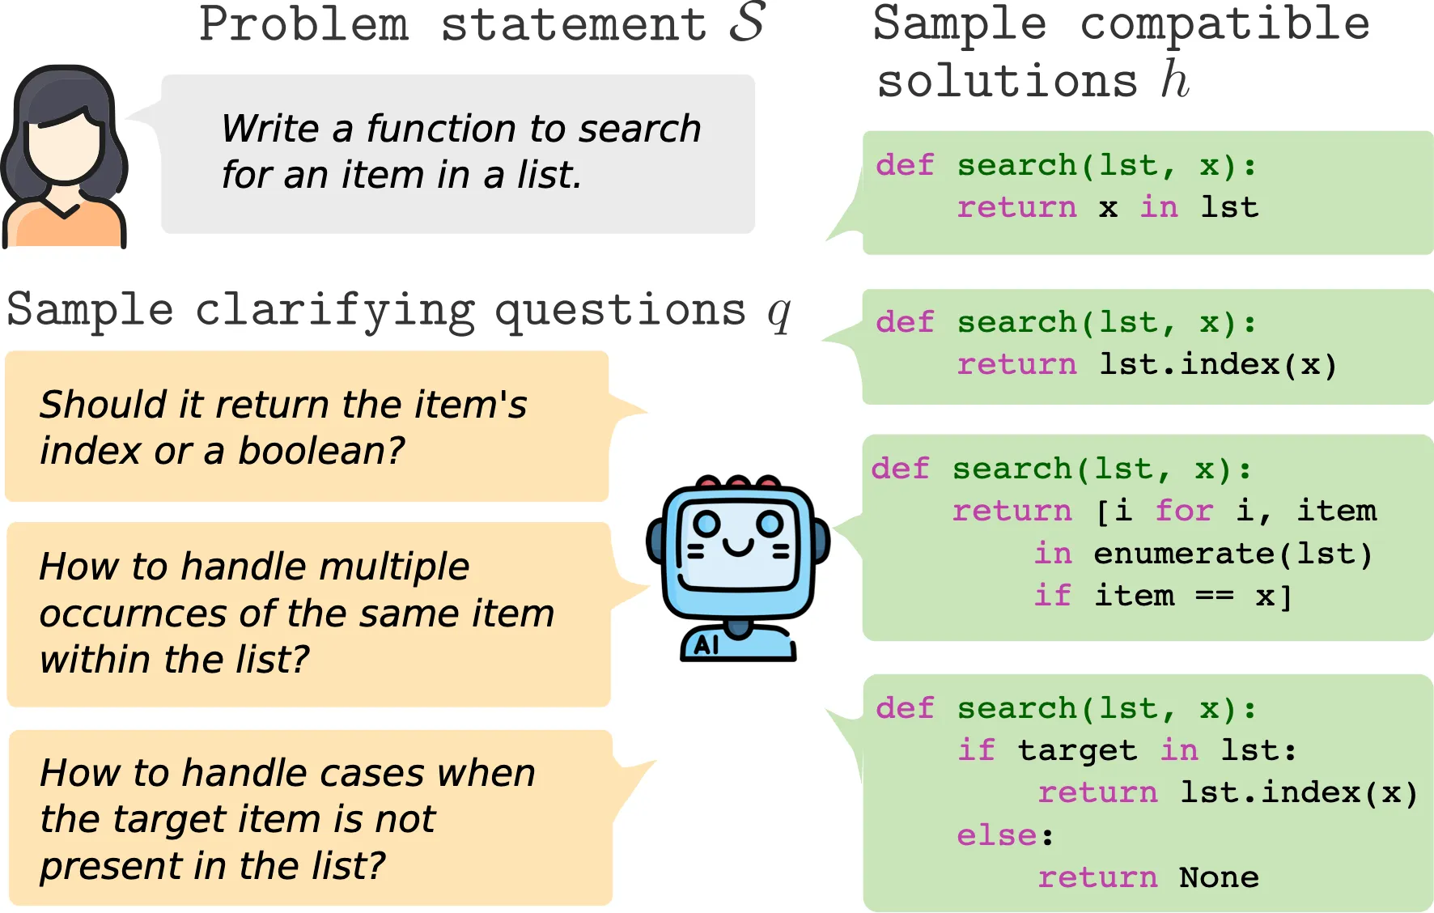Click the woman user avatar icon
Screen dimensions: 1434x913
pos(65,155)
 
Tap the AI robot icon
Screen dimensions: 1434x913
pos(736,567)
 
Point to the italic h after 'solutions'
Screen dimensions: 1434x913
pos(1174,80)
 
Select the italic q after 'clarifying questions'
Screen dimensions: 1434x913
pos(779,312)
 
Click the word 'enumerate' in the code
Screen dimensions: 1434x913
pos(1184,554)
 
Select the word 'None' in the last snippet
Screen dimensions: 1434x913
pos(1218,877)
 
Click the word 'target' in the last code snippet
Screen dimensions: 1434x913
pos(1077,751)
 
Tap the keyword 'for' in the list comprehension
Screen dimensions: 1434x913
pos(1184,511)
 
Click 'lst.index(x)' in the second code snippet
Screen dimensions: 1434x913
pos(1217,365)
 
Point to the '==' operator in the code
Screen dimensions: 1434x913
pos(1215,597)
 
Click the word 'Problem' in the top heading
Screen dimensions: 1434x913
pos(304,24)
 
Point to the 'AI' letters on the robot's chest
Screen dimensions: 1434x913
pos(706,645)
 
